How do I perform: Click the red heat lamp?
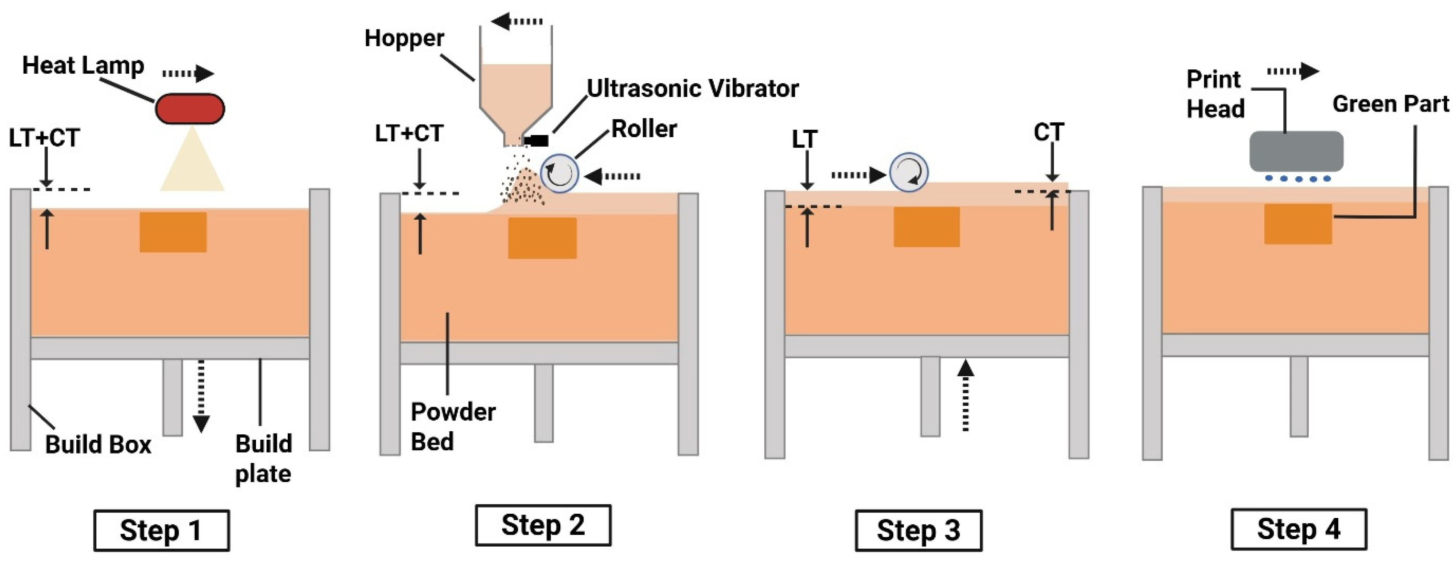190,108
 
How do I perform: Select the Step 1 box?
161,530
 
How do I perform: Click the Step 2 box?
543,525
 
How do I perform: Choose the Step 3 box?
919,530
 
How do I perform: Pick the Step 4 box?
1299,529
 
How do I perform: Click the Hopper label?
404,38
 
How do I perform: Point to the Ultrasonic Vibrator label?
692,88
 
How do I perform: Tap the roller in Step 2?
560,173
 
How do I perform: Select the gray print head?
1296,151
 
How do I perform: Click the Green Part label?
1391,104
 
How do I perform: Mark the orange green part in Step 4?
1298,224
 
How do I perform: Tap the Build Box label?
98,444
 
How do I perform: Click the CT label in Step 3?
1049,133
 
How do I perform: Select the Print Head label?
1215,94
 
